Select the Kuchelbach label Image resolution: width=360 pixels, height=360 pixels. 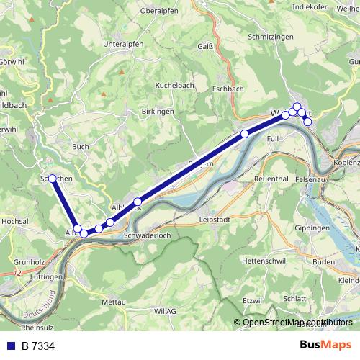click(x=176, y=85)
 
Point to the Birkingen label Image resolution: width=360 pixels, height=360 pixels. click(x=158, y=112)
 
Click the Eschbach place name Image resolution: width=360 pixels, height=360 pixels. click(x=228, y=89)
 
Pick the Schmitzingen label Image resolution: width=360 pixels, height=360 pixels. click(x=271, y=36)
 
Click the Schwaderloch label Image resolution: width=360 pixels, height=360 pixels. click(x=147, y=235)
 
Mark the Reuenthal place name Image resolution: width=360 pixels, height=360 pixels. click(x=271, y=178)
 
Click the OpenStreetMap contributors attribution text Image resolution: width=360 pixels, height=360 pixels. click(x=297, y=322)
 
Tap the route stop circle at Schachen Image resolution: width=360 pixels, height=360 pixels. click(x=53, y=178)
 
